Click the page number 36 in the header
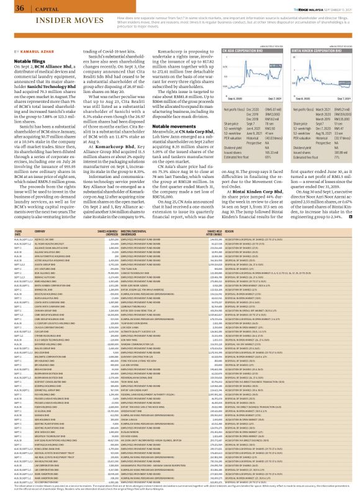11,7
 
